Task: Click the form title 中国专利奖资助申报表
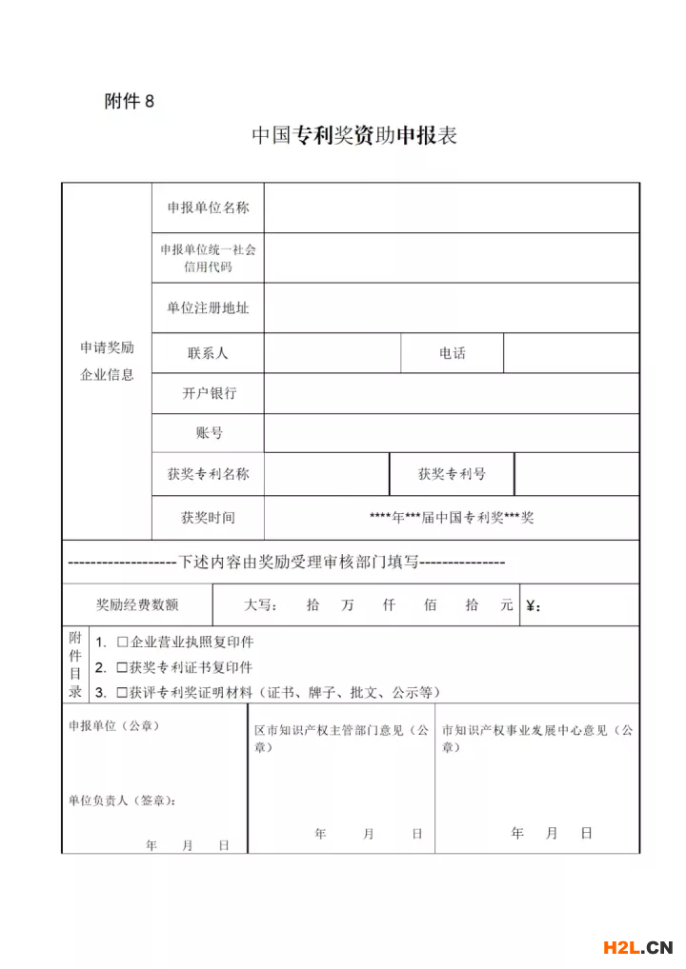tap(354, 135)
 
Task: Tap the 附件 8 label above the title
tap(129, 102)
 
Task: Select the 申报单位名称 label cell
tap(208, 208)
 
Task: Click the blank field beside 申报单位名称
tap(451, 208)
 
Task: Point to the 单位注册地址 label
tap(208, 307)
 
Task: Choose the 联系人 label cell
tap(208, 353)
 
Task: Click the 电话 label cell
tap(452, 353)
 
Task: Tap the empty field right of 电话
tap(571, 353)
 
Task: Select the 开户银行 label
tap(209, 393)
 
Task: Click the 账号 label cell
tap(209, 433)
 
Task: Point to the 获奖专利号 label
tap(452, 474)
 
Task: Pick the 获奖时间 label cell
tap(208, 518)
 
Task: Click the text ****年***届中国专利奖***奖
tap(452, 518)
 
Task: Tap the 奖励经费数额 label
tap(136, 604)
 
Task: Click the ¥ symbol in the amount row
tap(532, 605)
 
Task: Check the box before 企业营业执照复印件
tap(122, 643)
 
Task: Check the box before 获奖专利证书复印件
tap(122, 667)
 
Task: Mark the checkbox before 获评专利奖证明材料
tap(122, 692)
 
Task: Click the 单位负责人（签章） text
tap(122, 801)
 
